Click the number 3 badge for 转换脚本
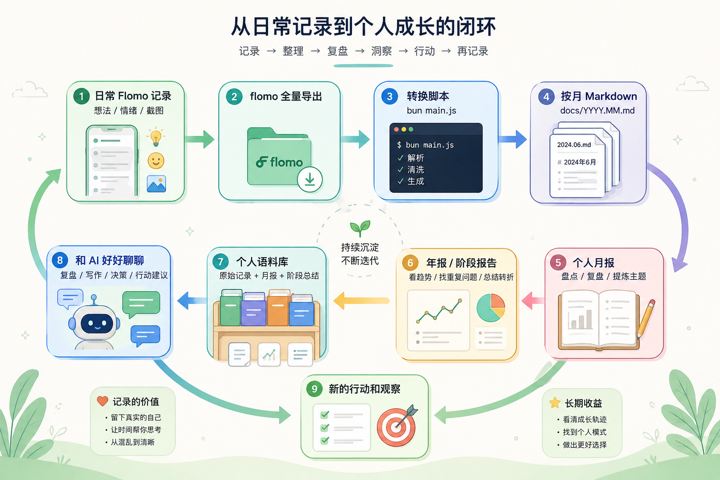click(x=390, y=96)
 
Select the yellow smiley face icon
click(x=156, y=161)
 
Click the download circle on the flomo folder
click(x=309, y=180)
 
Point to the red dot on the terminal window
click(x=396, y=129)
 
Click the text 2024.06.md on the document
click(x=574, y=145)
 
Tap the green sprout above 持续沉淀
click(x=360, y=228)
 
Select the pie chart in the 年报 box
click(x=491, y=307)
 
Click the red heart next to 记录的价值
click(x=103, y=401)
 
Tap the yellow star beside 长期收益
click(x=555, y=403)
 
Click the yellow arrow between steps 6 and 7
click(x=361, y=300)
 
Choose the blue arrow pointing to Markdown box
click(x=512, y=139)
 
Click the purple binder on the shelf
click(x=254, y=308)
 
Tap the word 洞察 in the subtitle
click(x=382, y=51)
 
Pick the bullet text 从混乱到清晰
click(x=133, y=442)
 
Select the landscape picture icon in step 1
click(x=156, y=184)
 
